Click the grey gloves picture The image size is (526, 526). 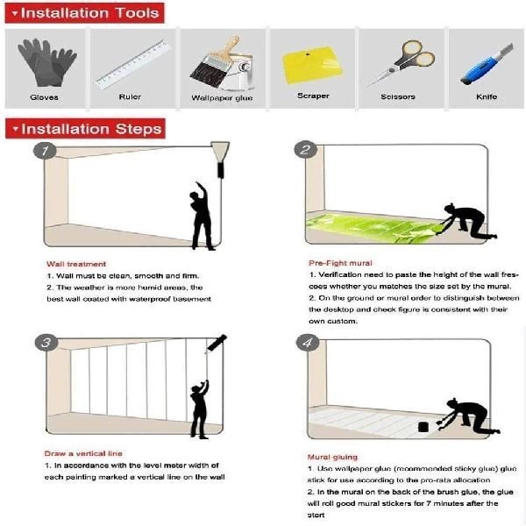(47, 62)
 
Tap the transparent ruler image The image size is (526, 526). (133, 64)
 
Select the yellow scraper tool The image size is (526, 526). (312, 65)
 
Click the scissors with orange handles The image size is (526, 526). (402, 63)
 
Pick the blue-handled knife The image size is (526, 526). (487, 64)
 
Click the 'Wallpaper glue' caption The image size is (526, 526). (222, 98)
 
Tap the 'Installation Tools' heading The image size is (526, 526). (84, 13)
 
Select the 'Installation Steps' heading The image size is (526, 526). (85, 129)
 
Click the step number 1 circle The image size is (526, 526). (45, 151)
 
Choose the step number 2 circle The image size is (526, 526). (306, 150)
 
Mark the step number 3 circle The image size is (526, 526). (46, 343)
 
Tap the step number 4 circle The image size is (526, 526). (308, 343)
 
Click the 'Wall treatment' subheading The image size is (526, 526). (76, 264)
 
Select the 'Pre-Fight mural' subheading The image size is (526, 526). (340, 263)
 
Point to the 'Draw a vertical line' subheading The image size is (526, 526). (83, 453)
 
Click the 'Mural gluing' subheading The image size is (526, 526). (332, 457)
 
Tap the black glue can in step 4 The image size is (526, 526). (423, 427)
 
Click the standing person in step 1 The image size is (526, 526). (202, 217)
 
